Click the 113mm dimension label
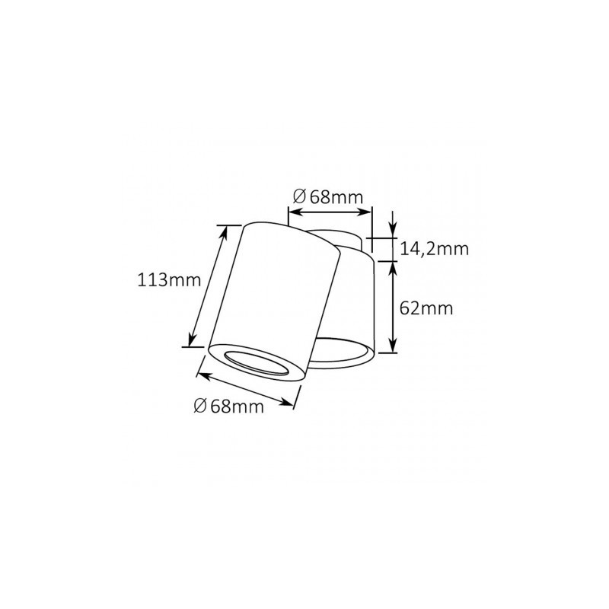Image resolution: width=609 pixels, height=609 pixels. coord(169,279)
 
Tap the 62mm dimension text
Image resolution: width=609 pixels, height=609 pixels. coord(426,308)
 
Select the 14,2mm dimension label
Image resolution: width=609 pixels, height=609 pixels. coord(434,249)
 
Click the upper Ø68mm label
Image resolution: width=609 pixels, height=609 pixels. coord(328,197)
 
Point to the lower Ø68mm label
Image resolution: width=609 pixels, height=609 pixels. coord(229,406)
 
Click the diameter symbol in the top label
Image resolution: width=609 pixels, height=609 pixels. coord(299,197)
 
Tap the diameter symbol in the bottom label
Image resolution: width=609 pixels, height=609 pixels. coord(200,406)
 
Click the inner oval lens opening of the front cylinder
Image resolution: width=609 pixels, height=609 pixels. coord(257,365)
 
